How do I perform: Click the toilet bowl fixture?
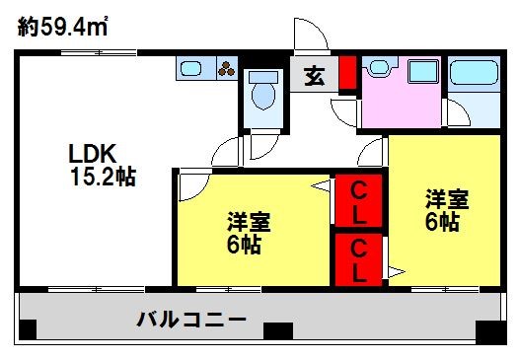(263, 96)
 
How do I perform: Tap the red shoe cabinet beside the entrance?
(346, 73)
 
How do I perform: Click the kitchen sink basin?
(191, 69)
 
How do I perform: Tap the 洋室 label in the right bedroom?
(445, 198)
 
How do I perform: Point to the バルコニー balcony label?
(191, 320)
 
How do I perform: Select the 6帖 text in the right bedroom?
(442, 222)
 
